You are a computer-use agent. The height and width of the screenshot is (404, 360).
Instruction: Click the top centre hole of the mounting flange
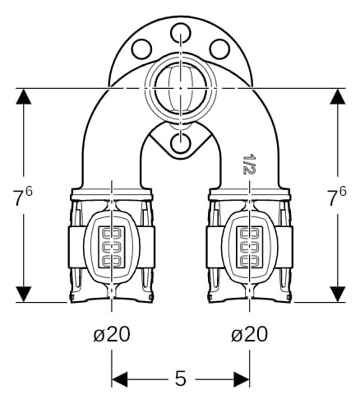[180, 33]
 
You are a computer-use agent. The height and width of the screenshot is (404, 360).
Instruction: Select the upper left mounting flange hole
[141, 49]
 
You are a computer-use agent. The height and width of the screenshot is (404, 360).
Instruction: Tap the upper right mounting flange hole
[219, 49]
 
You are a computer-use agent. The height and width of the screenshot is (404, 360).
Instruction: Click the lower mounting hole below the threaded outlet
[180, 143]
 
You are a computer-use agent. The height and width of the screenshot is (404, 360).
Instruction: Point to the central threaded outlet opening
[180, 88]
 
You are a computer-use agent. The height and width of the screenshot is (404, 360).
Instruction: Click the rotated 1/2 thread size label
[249, 164]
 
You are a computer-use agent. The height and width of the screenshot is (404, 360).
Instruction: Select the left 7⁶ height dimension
[23, 196]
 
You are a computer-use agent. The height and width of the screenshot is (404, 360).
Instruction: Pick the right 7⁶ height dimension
[337, 196]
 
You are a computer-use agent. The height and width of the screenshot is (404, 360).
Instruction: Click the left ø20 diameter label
[112, 334]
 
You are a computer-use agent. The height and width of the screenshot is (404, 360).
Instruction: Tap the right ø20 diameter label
[249, 334]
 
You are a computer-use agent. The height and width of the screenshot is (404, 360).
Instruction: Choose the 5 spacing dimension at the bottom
[181, 378]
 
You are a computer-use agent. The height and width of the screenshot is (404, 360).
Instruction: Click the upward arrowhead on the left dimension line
[24, 96]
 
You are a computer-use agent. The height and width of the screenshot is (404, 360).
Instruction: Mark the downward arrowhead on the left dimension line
[24, 295]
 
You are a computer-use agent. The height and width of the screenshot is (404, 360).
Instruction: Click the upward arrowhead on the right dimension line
[337, 96]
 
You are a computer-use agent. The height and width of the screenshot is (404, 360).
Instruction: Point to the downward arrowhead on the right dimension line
[337, 295]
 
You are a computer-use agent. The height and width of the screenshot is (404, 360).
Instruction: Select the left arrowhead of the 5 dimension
[120, 379]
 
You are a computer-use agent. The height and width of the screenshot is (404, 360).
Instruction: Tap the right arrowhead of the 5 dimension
[242, 379]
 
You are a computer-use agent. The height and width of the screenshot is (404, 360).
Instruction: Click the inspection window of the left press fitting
[112, 247]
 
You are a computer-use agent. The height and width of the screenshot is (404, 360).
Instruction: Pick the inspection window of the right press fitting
[250, 247]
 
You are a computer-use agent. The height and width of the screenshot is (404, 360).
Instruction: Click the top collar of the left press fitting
[111, 194]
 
